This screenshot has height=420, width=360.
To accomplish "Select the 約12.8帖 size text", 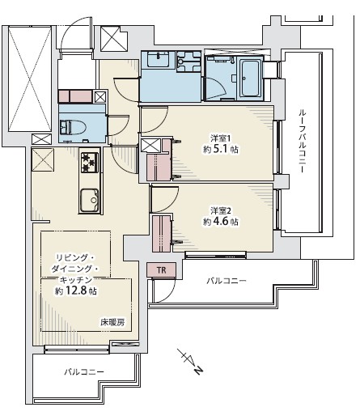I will tap(76, 291).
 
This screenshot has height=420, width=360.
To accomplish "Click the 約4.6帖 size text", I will tap(220, 221).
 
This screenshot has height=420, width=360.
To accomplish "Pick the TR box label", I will tap(160, 269).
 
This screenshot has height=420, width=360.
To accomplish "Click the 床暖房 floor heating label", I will tap(112, 322).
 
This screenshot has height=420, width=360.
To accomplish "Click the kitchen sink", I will tap(88, 197).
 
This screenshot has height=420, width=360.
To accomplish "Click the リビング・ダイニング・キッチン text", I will tap(71, 268).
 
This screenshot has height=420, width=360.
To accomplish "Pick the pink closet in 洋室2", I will tap(162, 232).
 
